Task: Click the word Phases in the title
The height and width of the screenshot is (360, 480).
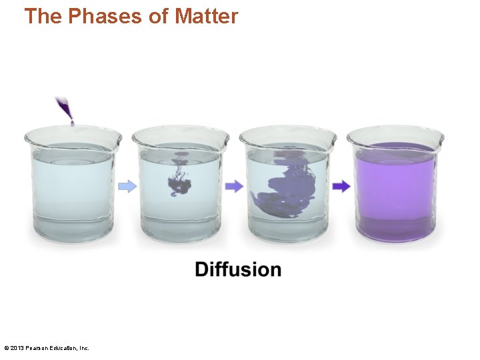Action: point(105,17)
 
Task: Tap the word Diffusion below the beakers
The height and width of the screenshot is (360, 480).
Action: point(238,270)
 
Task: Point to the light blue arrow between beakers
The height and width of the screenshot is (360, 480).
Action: point(127,187)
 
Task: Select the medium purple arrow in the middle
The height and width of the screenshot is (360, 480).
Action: point(234,187)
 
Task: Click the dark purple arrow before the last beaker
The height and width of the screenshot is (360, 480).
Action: point(341,187)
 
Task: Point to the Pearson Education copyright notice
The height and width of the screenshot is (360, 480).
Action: point(46,348)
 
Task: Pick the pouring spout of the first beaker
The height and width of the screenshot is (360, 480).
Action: point(29,137)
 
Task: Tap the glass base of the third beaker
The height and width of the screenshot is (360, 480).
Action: point(287,230)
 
